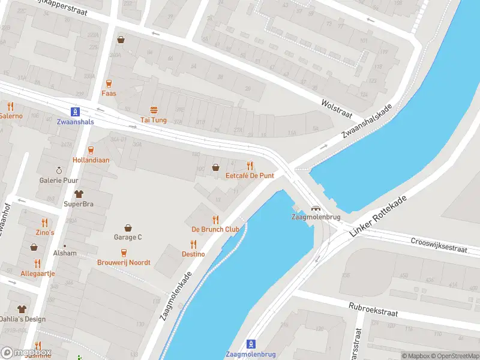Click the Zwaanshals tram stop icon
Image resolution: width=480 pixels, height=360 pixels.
(75, 112)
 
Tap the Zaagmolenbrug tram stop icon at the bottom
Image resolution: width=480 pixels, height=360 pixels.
(251, 344)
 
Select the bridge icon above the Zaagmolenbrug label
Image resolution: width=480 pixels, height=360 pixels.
(314, 209)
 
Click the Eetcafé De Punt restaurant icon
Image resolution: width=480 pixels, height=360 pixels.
(250, 166)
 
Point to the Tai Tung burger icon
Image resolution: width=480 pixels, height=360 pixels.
(154, 110)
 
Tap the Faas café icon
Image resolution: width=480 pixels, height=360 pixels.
(109, 83)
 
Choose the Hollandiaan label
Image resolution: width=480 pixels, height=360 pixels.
(91, 160)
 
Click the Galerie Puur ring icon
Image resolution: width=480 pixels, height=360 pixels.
(59, 170)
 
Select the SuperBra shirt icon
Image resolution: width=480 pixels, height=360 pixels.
(79, 194)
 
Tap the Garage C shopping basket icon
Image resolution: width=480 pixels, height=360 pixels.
(128, 227)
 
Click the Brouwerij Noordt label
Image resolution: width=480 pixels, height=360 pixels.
(124, 262)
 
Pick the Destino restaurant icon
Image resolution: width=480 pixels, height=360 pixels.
(193, 244)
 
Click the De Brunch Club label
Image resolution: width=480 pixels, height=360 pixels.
(215, 229)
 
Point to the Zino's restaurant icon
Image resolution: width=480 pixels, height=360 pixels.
(44, 223)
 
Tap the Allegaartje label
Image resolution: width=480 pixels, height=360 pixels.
(38, 273)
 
